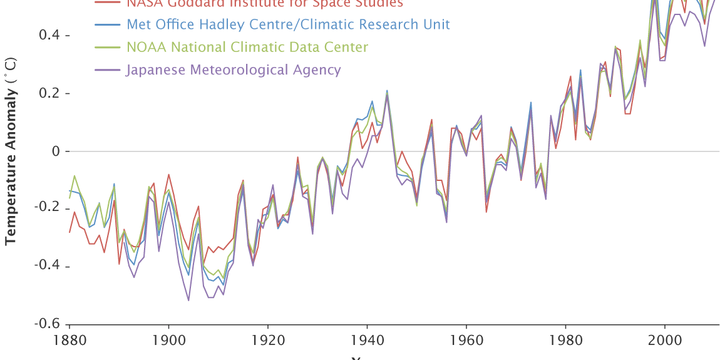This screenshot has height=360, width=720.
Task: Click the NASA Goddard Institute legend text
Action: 265,4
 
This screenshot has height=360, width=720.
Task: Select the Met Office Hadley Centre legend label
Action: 288,24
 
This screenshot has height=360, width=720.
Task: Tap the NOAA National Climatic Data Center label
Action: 247,47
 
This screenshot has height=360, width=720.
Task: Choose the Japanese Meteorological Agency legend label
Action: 234,69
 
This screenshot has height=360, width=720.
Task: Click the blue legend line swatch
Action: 108,24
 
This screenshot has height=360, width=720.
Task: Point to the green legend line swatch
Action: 108,47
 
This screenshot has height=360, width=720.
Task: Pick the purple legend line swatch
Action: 108,69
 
